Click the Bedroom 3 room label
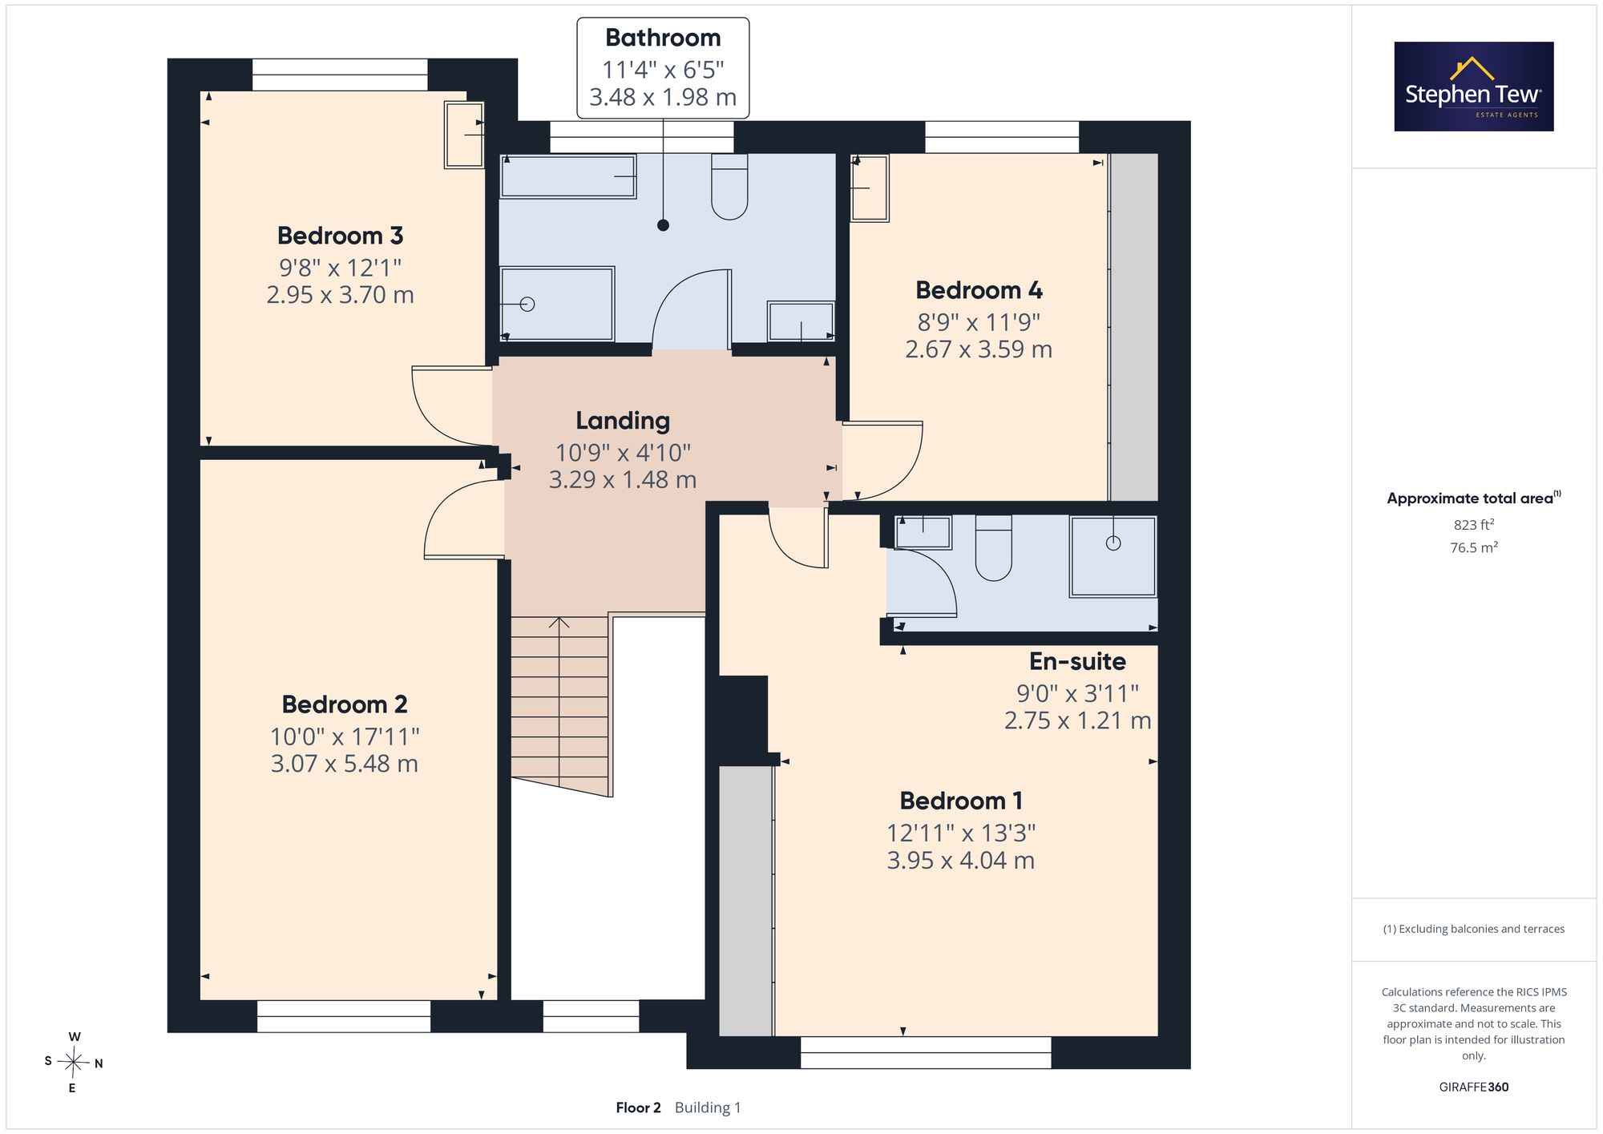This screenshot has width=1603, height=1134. pos(340,236)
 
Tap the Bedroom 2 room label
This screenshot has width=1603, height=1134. pos(345,704)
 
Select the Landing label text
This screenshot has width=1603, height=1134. pos(623,421)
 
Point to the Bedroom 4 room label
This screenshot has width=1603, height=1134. pos(979,290)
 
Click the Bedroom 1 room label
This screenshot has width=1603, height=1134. pos(961,801)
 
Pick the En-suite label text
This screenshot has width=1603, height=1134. pos(1077,661)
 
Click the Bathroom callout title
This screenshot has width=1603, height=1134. pos(663,38)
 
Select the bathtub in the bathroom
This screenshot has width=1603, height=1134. pos(568,176)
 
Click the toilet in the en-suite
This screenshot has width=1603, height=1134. pos(994,548)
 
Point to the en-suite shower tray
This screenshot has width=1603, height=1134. pos(1113,556)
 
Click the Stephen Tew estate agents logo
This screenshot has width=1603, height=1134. pos(1474,87)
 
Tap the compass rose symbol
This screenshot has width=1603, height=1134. pos(74,1063)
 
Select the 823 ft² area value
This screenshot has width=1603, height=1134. pos(1474,525)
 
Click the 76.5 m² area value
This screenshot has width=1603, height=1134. pos(1474,547)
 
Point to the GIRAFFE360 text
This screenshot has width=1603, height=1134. pos(1474,1088)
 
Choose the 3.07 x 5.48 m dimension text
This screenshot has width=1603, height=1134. pos(345,764)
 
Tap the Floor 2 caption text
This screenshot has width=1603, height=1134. pos(639,1108)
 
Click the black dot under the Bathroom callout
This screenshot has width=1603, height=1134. pos(663,225)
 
